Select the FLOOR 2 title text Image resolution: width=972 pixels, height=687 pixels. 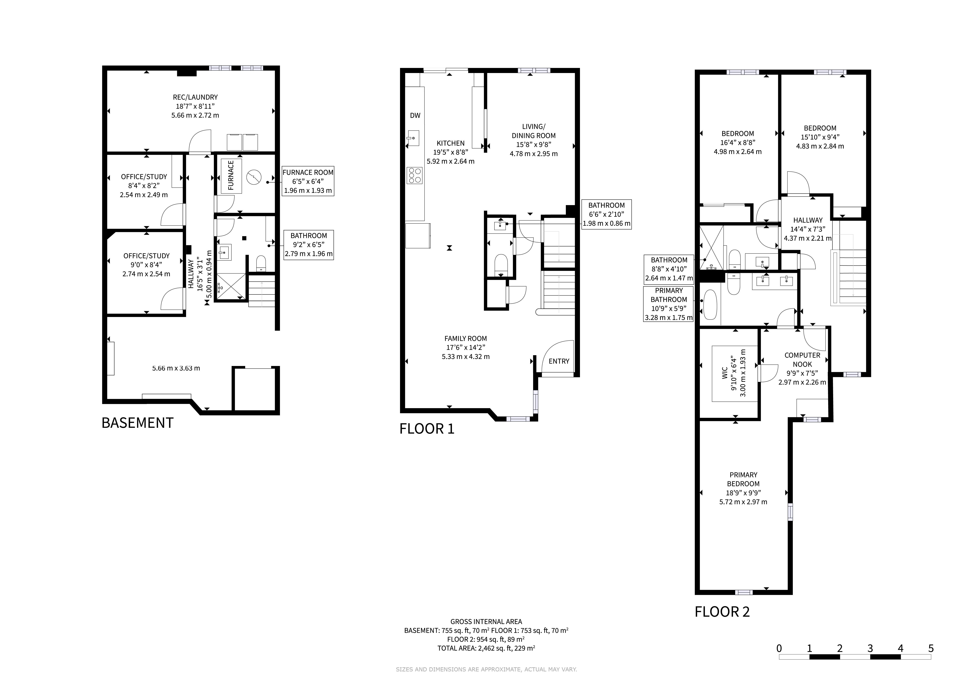[x=722, y=612]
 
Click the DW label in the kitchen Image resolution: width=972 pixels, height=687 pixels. [x=415, y=116]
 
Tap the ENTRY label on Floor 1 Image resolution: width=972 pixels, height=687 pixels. [x=559, y=361]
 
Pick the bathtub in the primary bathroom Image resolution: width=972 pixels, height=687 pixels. [x=710, y=305]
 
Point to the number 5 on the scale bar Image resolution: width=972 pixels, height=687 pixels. [x=931, y=649]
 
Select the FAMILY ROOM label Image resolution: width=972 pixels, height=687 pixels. [x=466, y=338]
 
